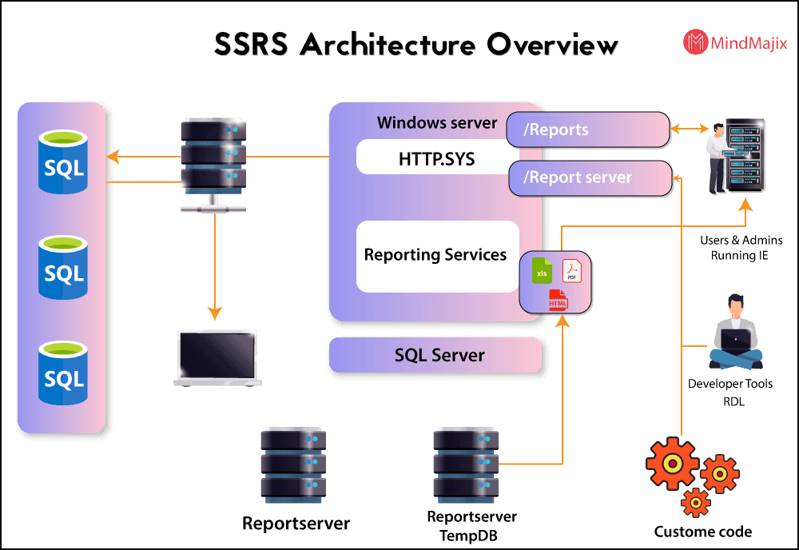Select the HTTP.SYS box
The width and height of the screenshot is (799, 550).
click(x=436, y=158)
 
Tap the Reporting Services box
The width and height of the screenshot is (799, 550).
click(x=436, y=256)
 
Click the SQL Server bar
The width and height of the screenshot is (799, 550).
click(x=436, y=355)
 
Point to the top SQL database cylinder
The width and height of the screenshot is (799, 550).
click(x=64, y=163)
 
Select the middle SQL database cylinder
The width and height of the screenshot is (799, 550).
click(x=64, y=268)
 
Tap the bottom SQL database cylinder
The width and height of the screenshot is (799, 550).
click(x=64, y=373)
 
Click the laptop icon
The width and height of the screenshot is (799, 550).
click(x=216, y=359)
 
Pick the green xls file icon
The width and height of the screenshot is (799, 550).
click(x=542, y=271)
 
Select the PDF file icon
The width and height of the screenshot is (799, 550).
click(x=571, y=272)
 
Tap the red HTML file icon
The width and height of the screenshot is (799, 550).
click(x=558, y=301)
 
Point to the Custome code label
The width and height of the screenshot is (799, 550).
click(x=702, y=532)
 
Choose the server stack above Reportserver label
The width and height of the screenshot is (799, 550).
click(x=293, y=464)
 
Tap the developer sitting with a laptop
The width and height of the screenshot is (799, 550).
click(x=735, y=328)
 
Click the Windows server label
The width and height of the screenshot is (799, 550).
click(x=437, y=123)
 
